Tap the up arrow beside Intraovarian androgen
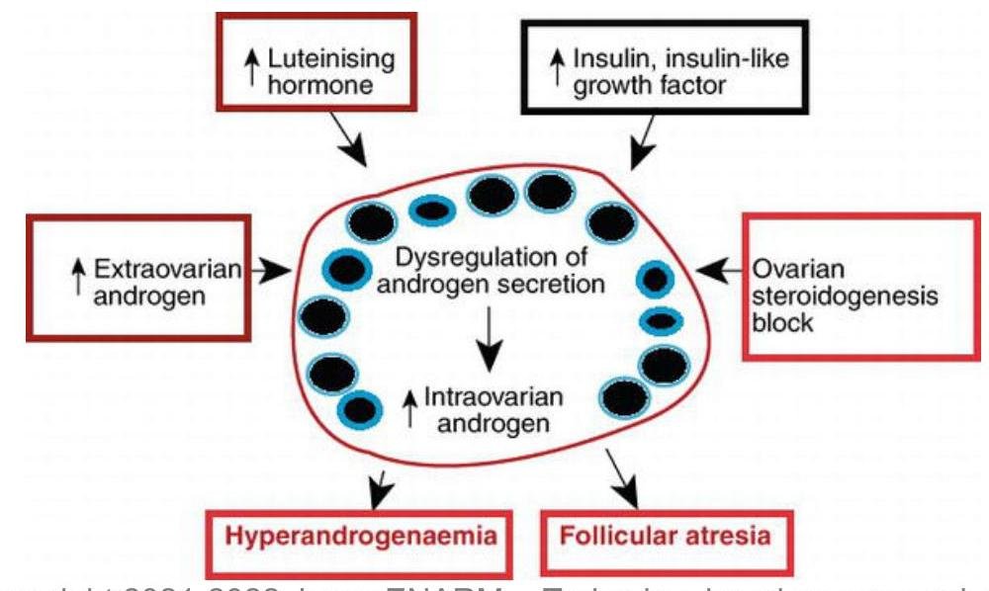tap(407, 409)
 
